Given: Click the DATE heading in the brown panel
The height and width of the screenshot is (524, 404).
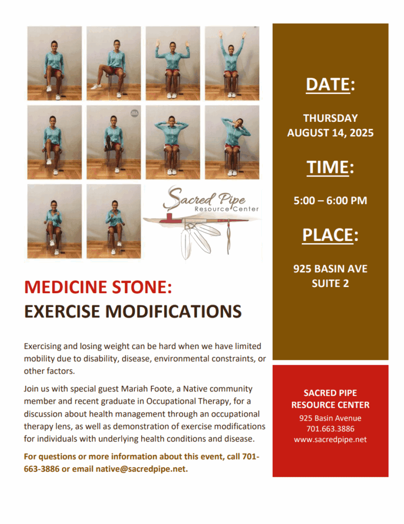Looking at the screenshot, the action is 330,84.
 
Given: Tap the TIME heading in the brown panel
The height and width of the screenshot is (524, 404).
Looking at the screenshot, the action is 330,167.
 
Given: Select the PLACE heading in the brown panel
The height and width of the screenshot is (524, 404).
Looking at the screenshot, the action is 330,235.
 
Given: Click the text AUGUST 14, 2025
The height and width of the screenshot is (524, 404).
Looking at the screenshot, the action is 330,133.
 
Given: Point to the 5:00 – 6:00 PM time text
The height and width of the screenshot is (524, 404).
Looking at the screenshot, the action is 330,201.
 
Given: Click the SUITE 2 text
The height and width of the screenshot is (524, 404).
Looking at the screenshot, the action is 330,283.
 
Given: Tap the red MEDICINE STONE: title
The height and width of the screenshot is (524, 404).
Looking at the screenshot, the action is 98,287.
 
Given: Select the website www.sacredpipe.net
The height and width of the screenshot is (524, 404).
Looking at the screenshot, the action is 330,440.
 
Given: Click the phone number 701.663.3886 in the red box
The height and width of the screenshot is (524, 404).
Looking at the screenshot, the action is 330,429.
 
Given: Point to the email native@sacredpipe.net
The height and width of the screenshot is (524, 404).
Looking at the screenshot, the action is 141,469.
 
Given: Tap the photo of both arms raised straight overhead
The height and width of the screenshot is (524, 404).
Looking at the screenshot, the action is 232,63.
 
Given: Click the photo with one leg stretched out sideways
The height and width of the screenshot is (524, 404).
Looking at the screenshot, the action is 114,63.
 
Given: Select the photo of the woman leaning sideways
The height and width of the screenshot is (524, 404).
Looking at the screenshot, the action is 232,142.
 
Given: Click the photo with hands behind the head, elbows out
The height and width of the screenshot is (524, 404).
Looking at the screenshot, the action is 173,142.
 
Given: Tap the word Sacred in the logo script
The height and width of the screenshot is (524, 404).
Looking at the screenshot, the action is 189,198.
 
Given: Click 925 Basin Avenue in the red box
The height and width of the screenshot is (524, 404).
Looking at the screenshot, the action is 330,418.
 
